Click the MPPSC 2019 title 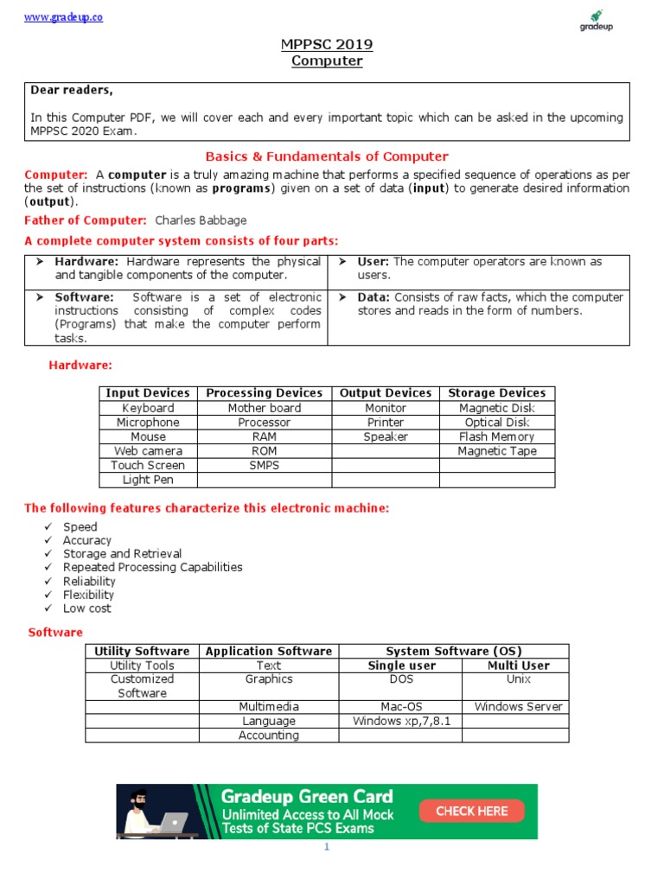pos(327,44)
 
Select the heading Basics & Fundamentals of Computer pos(327,156)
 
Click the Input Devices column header pos(148,393)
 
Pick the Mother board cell pos(265,408)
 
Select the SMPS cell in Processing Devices pos(265,465)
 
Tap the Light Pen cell pos(148,480)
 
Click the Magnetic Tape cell pos(497,451)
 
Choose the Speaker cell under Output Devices pos(385,436)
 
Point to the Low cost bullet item pos(87,608)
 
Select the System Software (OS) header pos(454,651)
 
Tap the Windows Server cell pos(518,707)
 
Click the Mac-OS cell pos(400,707)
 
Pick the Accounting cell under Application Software pos(269,735)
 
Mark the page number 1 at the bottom pos(327,848)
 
